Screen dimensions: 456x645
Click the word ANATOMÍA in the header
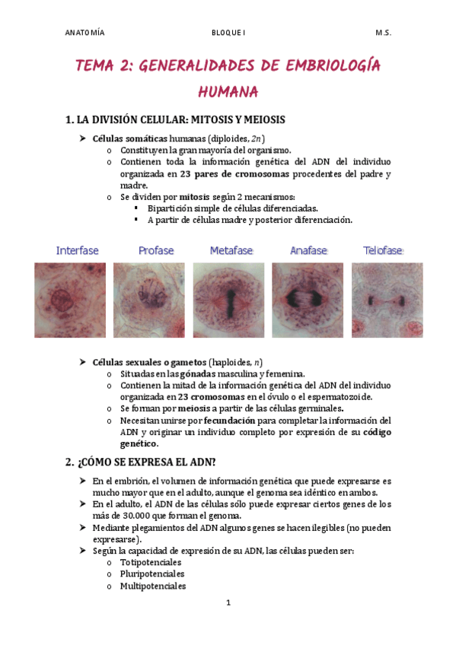85,33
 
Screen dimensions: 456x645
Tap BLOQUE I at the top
228,33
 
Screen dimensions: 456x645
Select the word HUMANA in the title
228,92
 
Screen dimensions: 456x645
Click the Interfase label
77,250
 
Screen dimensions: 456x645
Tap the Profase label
156,250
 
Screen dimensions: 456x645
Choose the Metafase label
231,250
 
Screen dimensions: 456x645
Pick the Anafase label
308,250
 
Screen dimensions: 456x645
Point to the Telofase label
382,250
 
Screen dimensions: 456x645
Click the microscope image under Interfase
70,300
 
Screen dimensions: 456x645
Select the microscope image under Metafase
228,300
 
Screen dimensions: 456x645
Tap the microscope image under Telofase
387,300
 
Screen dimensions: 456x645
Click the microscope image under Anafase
308,300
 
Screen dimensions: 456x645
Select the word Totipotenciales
151,562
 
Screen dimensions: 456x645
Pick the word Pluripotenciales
152,574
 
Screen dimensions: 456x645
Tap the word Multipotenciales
153,586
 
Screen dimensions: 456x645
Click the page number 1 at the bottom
228,603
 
